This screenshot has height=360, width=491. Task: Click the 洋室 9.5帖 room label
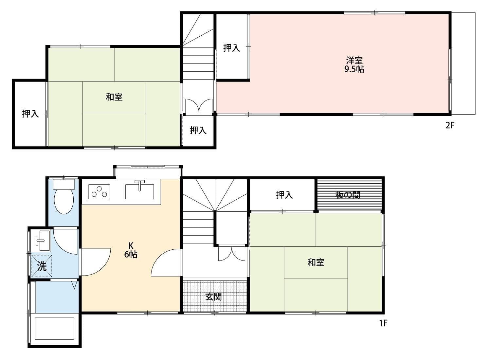(354, 65)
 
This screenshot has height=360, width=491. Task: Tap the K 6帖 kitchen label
(131, 250)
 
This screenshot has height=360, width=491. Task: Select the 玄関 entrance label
(213, 297)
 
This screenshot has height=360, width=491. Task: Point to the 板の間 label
(348, 195)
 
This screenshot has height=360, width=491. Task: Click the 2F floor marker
(450, 126)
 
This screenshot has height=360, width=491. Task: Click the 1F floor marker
(384, 323)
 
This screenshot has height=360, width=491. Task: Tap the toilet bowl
(64, 202)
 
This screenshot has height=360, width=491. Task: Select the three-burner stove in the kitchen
(99, 192)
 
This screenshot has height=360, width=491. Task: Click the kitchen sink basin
(140, 191)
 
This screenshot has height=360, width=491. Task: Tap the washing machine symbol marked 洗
(42, 266)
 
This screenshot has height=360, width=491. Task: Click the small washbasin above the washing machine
(43, 241)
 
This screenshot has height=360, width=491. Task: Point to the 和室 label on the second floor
(114, 97)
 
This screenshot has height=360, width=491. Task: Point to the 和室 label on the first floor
(316, 262)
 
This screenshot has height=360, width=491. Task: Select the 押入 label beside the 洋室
(232, 48)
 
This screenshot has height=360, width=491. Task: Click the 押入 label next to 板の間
(284, 195)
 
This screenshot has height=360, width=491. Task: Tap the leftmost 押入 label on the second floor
(30, 114)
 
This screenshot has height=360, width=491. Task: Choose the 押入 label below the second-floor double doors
(198, 130)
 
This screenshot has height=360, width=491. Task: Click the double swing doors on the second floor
(199, 106)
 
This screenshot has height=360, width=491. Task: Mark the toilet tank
(64, 185)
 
